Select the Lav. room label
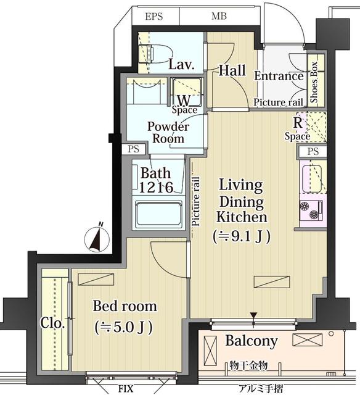click(x=181, y=64)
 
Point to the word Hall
click(x=232, y=70)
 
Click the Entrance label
click(x=279, y=77)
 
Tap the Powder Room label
click(x=168, y=132)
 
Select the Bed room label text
click(x=125, y=306)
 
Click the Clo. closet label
click(x=50, y=322)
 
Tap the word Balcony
click(x=251, y=341)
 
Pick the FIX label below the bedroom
click(x=126, y=389)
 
